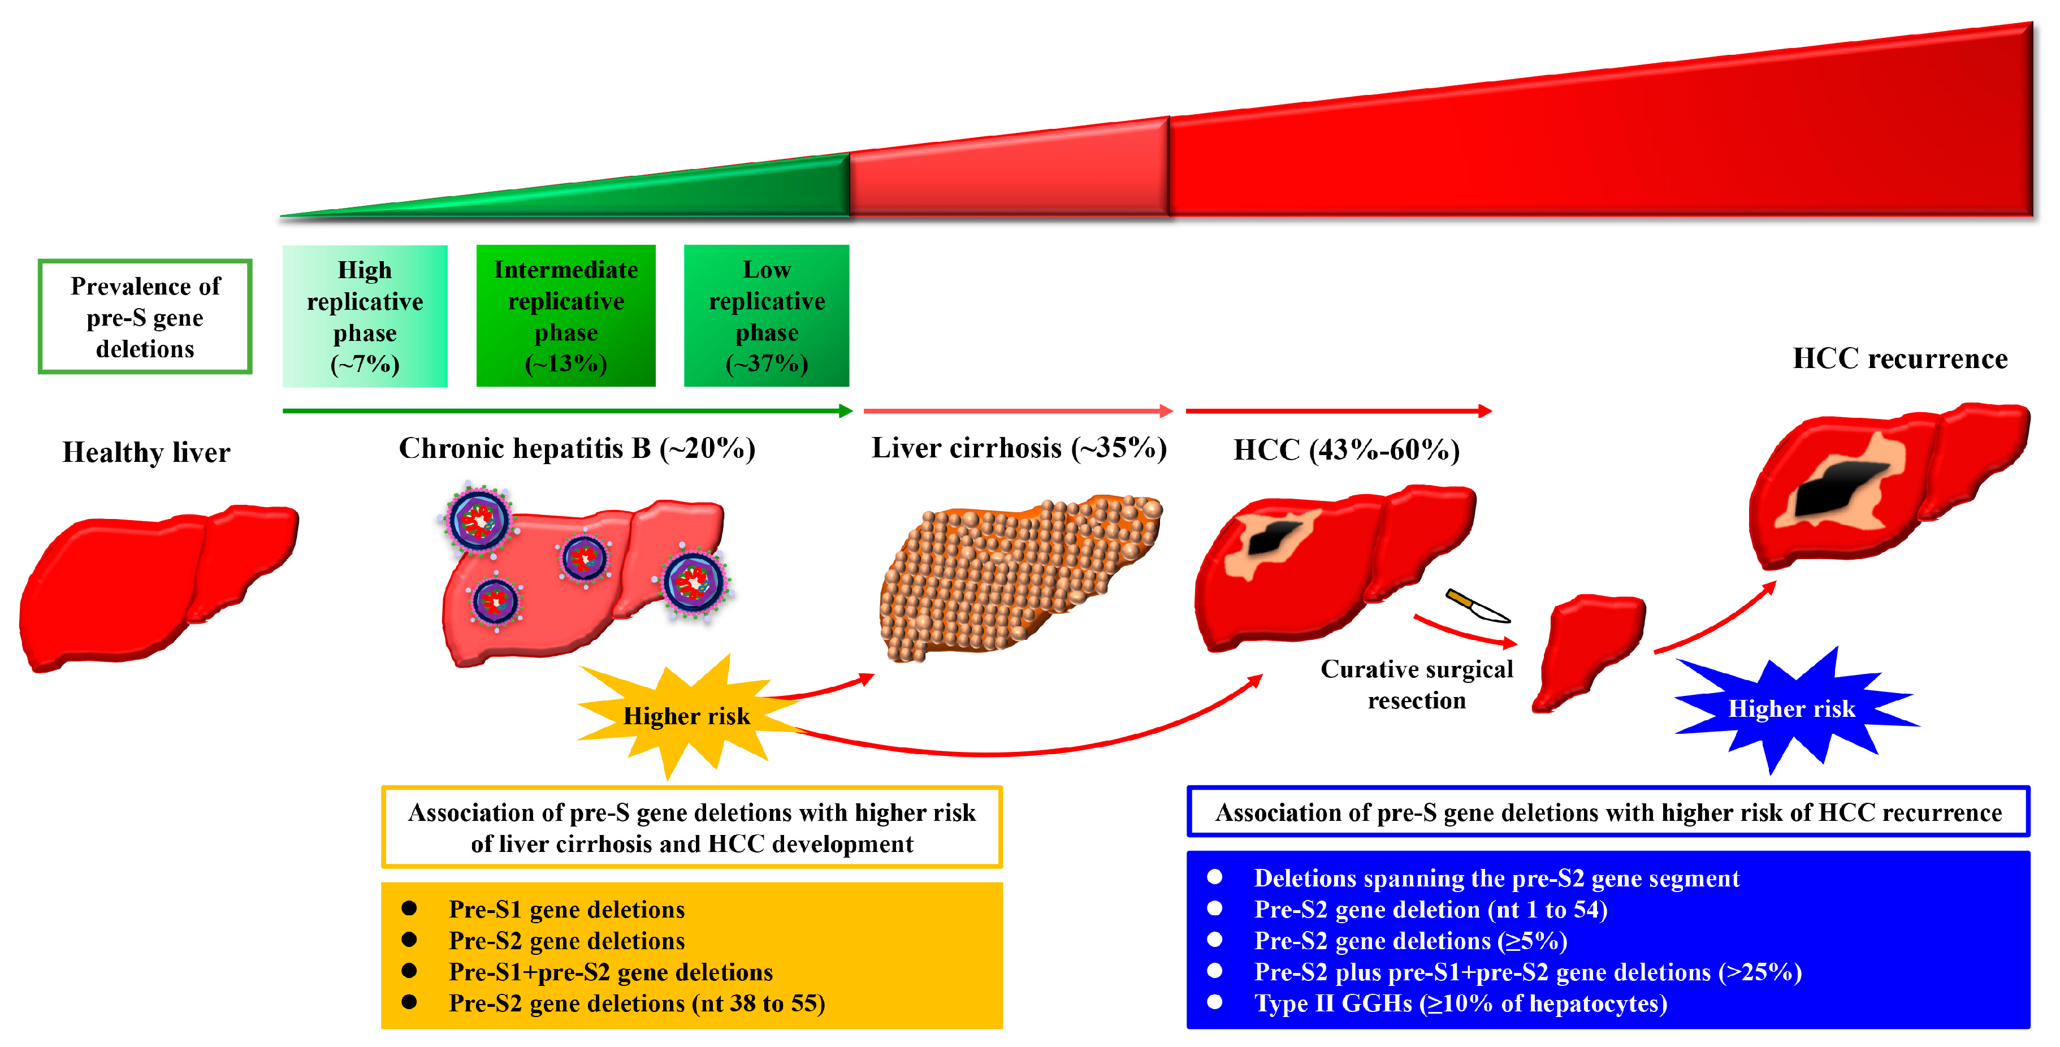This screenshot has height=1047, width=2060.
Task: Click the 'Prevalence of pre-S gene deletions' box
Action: click(145, 317)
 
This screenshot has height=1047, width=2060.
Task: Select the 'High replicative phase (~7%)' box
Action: click(365, 317)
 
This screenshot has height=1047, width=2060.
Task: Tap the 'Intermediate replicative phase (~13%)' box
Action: click(565, 316)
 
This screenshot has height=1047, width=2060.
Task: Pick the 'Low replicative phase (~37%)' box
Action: click(766, 316)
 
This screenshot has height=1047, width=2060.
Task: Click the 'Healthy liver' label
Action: click(146, 453)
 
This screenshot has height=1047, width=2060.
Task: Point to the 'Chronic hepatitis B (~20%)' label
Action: click(577, 449)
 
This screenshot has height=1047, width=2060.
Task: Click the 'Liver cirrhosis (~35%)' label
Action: click(1018, 449)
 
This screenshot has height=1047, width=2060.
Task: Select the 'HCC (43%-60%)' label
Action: click(1346, 451)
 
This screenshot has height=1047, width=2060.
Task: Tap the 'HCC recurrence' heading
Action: click(1899, 359)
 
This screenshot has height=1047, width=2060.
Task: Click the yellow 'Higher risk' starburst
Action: click(686, 716)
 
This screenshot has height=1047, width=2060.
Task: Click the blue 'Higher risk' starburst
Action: click(1791, 709)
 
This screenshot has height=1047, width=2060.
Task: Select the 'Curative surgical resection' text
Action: click(1416, 685)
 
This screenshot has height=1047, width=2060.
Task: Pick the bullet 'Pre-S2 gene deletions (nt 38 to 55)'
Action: click(637, 1003)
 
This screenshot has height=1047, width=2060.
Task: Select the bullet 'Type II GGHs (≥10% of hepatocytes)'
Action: click(1460, 1003)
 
